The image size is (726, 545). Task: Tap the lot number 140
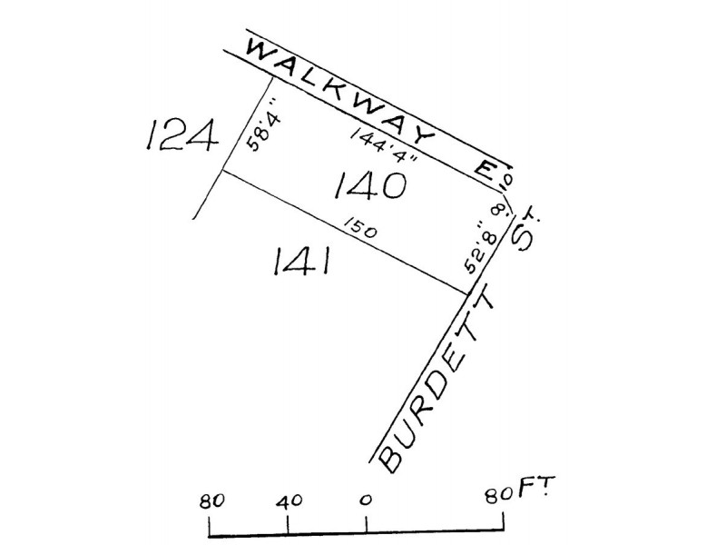click(x=370, y=185)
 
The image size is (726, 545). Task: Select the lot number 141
click(x=301, y=261)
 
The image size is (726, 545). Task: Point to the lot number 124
click(x=181, y=134)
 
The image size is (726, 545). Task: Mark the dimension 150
click(x=360, y=229)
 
